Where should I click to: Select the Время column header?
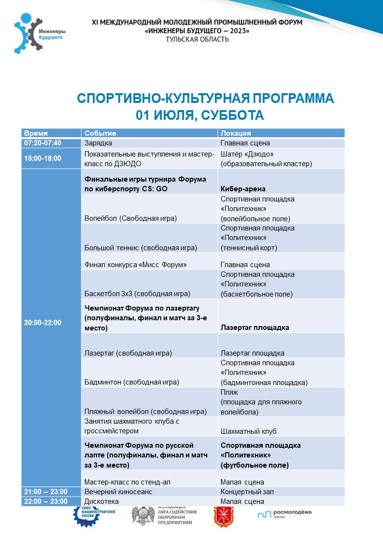click(36, 133)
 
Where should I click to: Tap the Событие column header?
click(100, 133)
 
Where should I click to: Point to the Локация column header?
click(236, 133)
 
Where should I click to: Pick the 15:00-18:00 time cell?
click(43, 158)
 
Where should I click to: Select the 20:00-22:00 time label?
click(43, 323)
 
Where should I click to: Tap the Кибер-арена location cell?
click(243, 189)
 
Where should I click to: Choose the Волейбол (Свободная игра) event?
click(130, 218)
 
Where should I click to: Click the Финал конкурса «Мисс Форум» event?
click(135, 265)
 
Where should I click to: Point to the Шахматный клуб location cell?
click(249, 431)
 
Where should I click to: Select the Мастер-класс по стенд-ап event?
click(127, 482)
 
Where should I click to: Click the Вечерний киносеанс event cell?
click(118, 492)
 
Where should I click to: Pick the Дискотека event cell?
click(101, 501)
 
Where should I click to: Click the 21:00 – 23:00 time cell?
click(46, 492)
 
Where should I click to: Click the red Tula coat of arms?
click(222, 515)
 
